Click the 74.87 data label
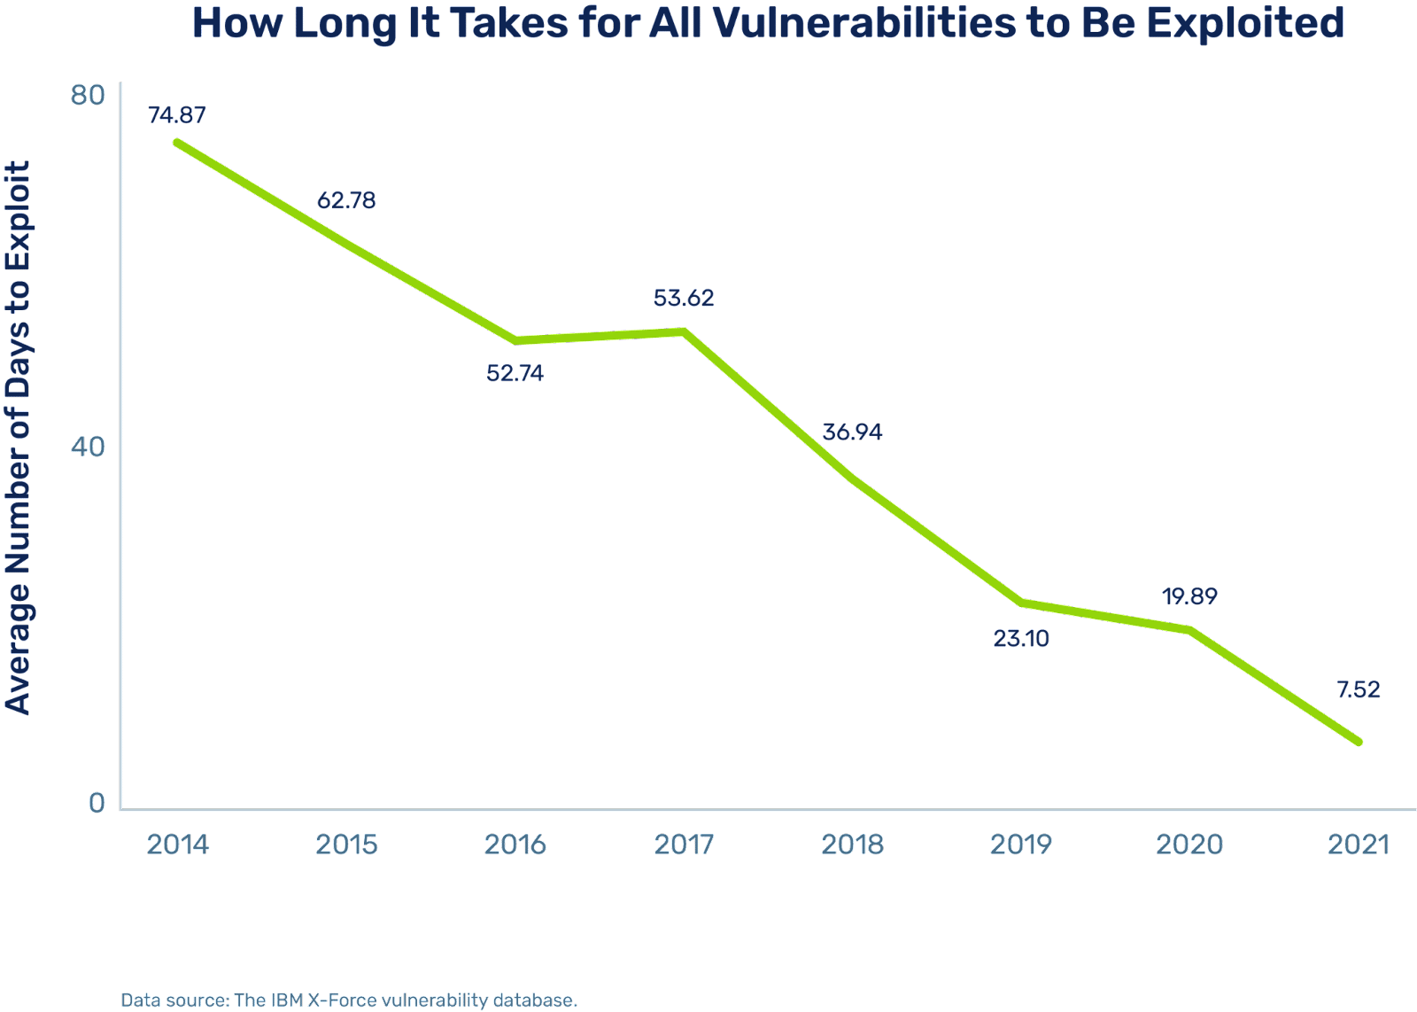tap(177, 115)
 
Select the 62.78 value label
tap(346, 200)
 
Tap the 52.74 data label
tap(515, 373)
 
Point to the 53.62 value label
tap(684, 298)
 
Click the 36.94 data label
tap(852, 432)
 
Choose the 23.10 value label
tap(1021, 638)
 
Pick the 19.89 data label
tap(1189, 596)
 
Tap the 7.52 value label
tap(1359, 689)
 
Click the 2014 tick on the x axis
tap(178, 845)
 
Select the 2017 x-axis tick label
tap(684, 845)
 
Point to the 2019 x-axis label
tap(1021, 845)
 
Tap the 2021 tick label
tap(1359, 845)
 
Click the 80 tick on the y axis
tap(88, 95)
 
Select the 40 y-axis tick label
tap(88, 448)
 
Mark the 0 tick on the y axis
tap(96, 803)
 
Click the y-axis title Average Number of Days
tap(19, 439)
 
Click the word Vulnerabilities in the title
tap(832, 24)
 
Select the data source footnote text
tap(349, 1000)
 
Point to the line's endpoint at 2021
tap(1359, 742)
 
